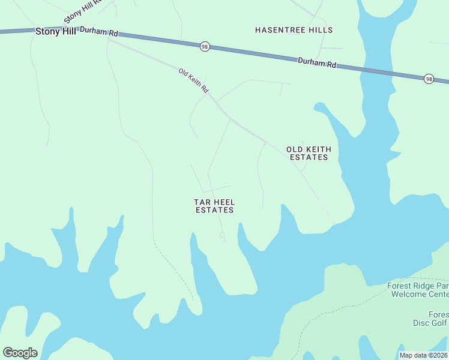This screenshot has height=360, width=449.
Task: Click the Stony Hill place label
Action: [56, 31]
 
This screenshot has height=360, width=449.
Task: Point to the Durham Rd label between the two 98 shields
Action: [316, 62]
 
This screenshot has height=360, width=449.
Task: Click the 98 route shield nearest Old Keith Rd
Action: [205, 46]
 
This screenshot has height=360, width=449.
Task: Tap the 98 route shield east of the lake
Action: [429, 79]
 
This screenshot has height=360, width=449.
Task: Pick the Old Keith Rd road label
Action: [193, 80]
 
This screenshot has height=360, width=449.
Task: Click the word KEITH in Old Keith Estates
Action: [318, 149]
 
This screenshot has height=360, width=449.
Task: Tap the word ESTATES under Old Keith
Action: [309, 157]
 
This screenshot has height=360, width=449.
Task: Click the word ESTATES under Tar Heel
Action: [214, 210]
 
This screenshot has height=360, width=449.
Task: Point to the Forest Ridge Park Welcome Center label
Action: [418, 290]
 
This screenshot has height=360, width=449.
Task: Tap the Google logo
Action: [20, 353]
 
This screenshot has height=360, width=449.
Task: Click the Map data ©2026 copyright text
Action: [424, 355]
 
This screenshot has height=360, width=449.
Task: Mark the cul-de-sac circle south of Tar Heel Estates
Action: [222, 236]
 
